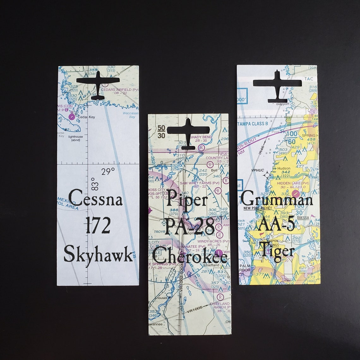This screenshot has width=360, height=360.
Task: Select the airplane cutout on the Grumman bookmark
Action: click(277, 85)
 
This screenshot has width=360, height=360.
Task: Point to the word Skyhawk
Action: click(98, 255)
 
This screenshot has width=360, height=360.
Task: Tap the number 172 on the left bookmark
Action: click(98, 226)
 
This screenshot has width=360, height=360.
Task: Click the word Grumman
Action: click(277, 199)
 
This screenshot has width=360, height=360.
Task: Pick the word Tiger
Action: click(277, 252)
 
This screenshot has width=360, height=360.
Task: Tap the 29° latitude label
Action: click(108, 172)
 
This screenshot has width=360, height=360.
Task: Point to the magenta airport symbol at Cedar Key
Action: click(72, 117)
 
